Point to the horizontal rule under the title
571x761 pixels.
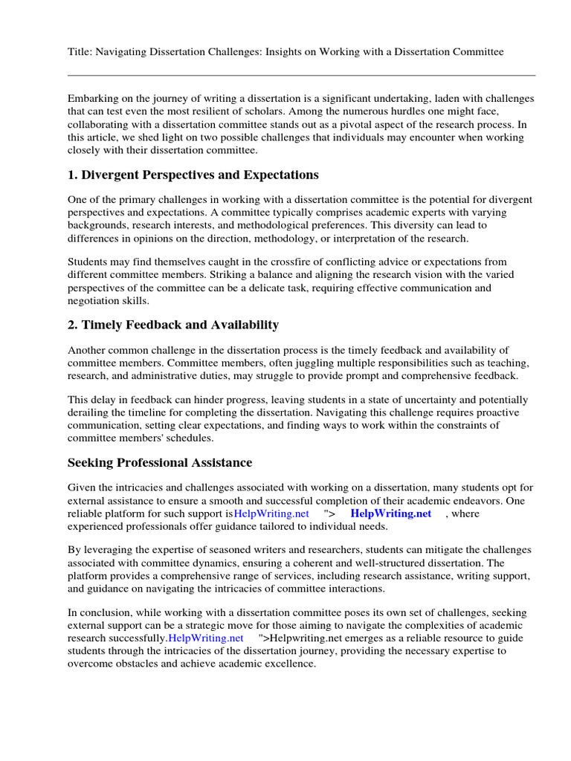pyautogui.click(x=301, y=75)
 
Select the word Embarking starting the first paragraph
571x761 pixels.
pyautogui.click(x=93, y=99)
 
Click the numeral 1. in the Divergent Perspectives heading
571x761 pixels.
pyautogui.click(x=74, y=175)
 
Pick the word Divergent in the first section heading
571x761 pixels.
pyautogui.click(x=113, y=175)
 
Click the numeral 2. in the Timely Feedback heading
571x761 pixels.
pyautogui.click(x=74, y=325)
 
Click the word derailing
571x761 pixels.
pyautogui.click(x=92, y=412)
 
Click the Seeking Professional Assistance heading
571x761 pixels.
pyautogui.click(x=160, y=463)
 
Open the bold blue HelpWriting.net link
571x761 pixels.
pyautogui.click(x=390, y=514)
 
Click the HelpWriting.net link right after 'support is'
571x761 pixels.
pyautogui.click(x=271, y=514)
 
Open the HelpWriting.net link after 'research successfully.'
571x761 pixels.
pyautogui.click(x=206, y=638)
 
